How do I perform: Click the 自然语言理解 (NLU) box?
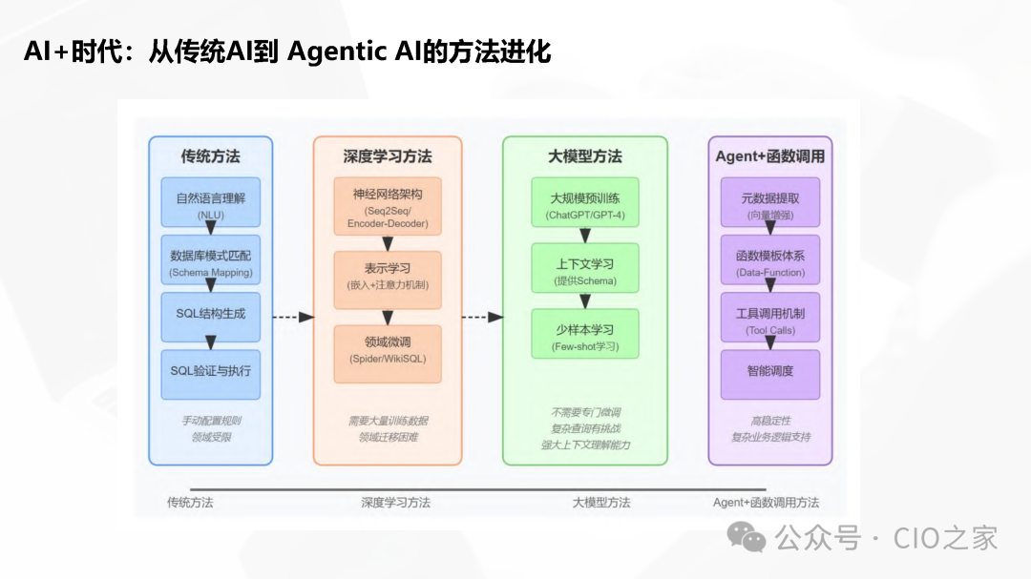211,204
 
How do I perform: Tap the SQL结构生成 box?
211,318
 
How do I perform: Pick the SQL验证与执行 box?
211,374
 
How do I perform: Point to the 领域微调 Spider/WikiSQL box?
388,354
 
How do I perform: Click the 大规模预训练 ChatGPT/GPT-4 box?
585,204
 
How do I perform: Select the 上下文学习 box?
585,269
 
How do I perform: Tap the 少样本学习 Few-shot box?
585,335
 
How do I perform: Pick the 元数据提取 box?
770,204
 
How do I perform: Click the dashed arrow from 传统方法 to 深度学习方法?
293,317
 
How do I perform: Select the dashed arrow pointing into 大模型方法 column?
482,317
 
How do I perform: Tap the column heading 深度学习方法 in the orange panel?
388,156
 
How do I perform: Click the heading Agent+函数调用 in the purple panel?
770,156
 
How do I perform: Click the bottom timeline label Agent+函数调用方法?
766,503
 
